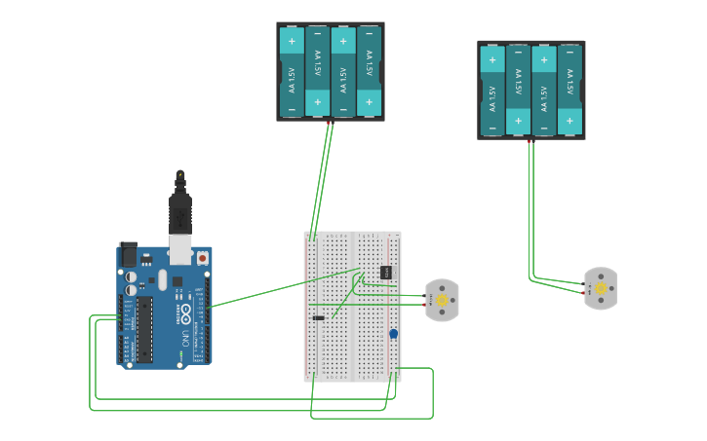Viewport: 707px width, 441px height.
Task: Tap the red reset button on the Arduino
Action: click(x=202, y=258)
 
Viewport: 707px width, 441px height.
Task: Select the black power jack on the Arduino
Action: click(x=128, y=254)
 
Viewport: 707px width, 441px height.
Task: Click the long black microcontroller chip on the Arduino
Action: click(x=144, y=330)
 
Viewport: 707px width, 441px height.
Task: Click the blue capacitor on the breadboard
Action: click(x=393, y=334)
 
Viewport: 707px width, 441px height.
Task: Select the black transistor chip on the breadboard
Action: click(x=385, y=272)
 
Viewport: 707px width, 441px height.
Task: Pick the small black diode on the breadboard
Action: click(x=318, y=317)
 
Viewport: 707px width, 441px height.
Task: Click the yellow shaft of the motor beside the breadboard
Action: click(x=442, y=301)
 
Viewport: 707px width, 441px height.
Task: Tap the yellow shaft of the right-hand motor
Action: click(x=601, y=289)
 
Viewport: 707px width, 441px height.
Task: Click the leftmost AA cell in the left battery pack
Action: click(x=292, y=71)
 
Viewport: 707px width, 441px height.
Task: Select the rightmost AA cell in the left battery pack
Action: click(x=369, y=71)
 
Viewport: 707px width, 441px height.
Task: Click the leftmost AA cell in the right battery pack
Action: click(x=492, y=90)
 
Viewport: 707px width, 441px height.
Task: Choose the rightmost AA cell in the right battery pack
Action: click(x=570, y=90)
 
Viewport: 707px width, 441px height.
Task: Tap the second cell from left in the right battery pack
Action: click(x=518, y=90)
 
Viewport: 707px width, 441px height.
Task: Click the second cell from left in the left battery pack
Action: click(x=317, y=71)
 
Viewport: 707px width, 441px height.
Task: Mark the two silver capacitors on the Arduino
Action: click(x=131, y=283)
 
